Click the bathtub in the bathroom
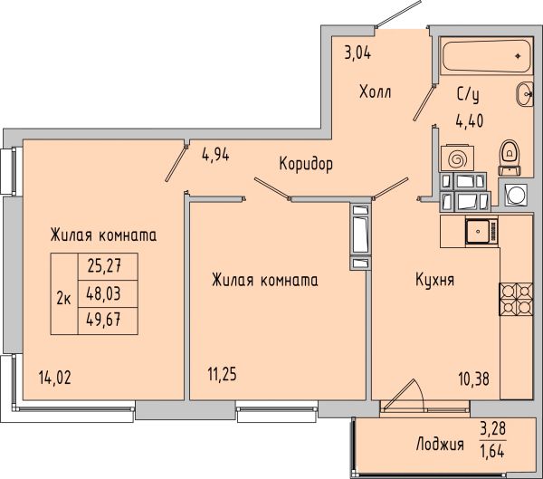pos(487,56)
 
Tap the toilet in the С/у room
pos(510,158)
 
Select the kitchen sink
pos(481,231)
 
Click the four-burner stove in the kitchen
pos(516,299)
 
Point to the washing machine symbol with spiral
pos(457,158)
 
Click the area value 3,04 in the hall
pos(357,53)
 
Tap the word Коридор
pos(306,164)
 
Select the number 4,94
pos(215,155)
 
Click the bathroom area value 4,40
pos(470,121)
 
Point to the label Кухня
pos(434,280)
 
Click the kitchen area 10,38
pos(474,379)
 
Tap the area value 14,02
pos(55,378)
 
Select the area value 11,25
pos(222,374)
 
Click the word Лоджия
pos(440,445)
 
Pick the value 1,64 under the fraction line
pos(492,451)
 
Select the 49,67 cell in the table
pos(108,321)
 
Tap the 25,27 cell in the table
pos(108,266)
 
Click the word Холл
pos(376,92)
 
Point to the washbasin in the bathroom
pos(525,94)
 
